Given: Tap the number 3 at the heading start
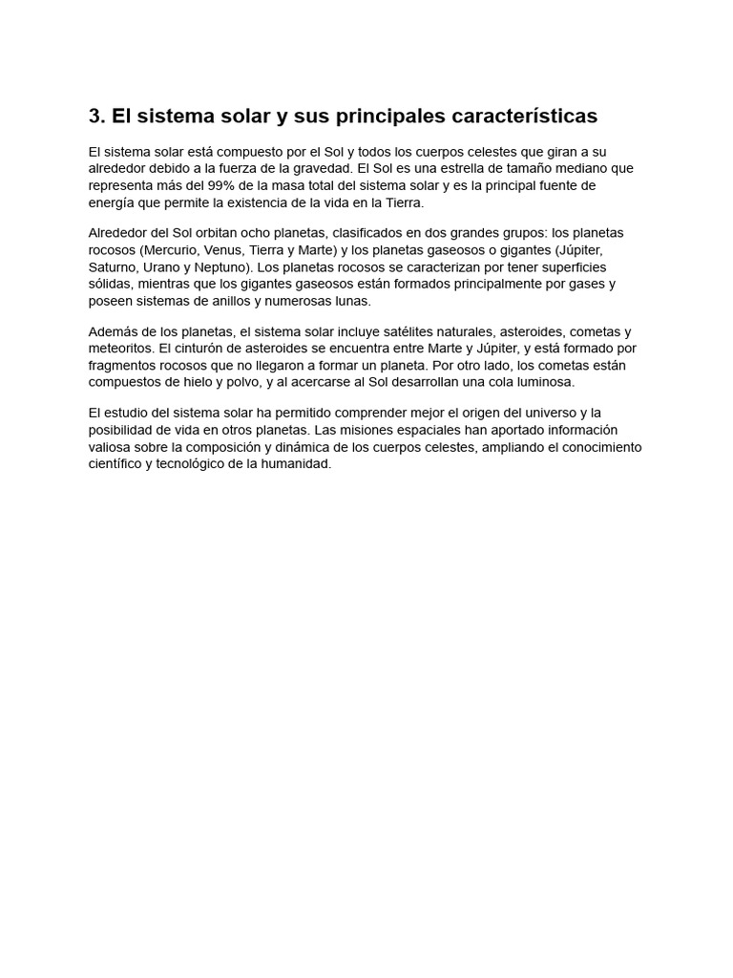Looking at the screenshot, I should click(x=94, y=116).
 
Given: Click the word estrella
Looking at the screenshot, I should click(x=457, y=168).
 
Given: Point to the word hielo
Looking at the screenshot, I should click(x=205, y=382).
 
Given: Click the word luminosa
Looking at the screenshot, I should click(x=545, y=382).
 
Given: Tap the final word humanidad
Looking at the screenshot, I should click(x=297, y=464).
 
